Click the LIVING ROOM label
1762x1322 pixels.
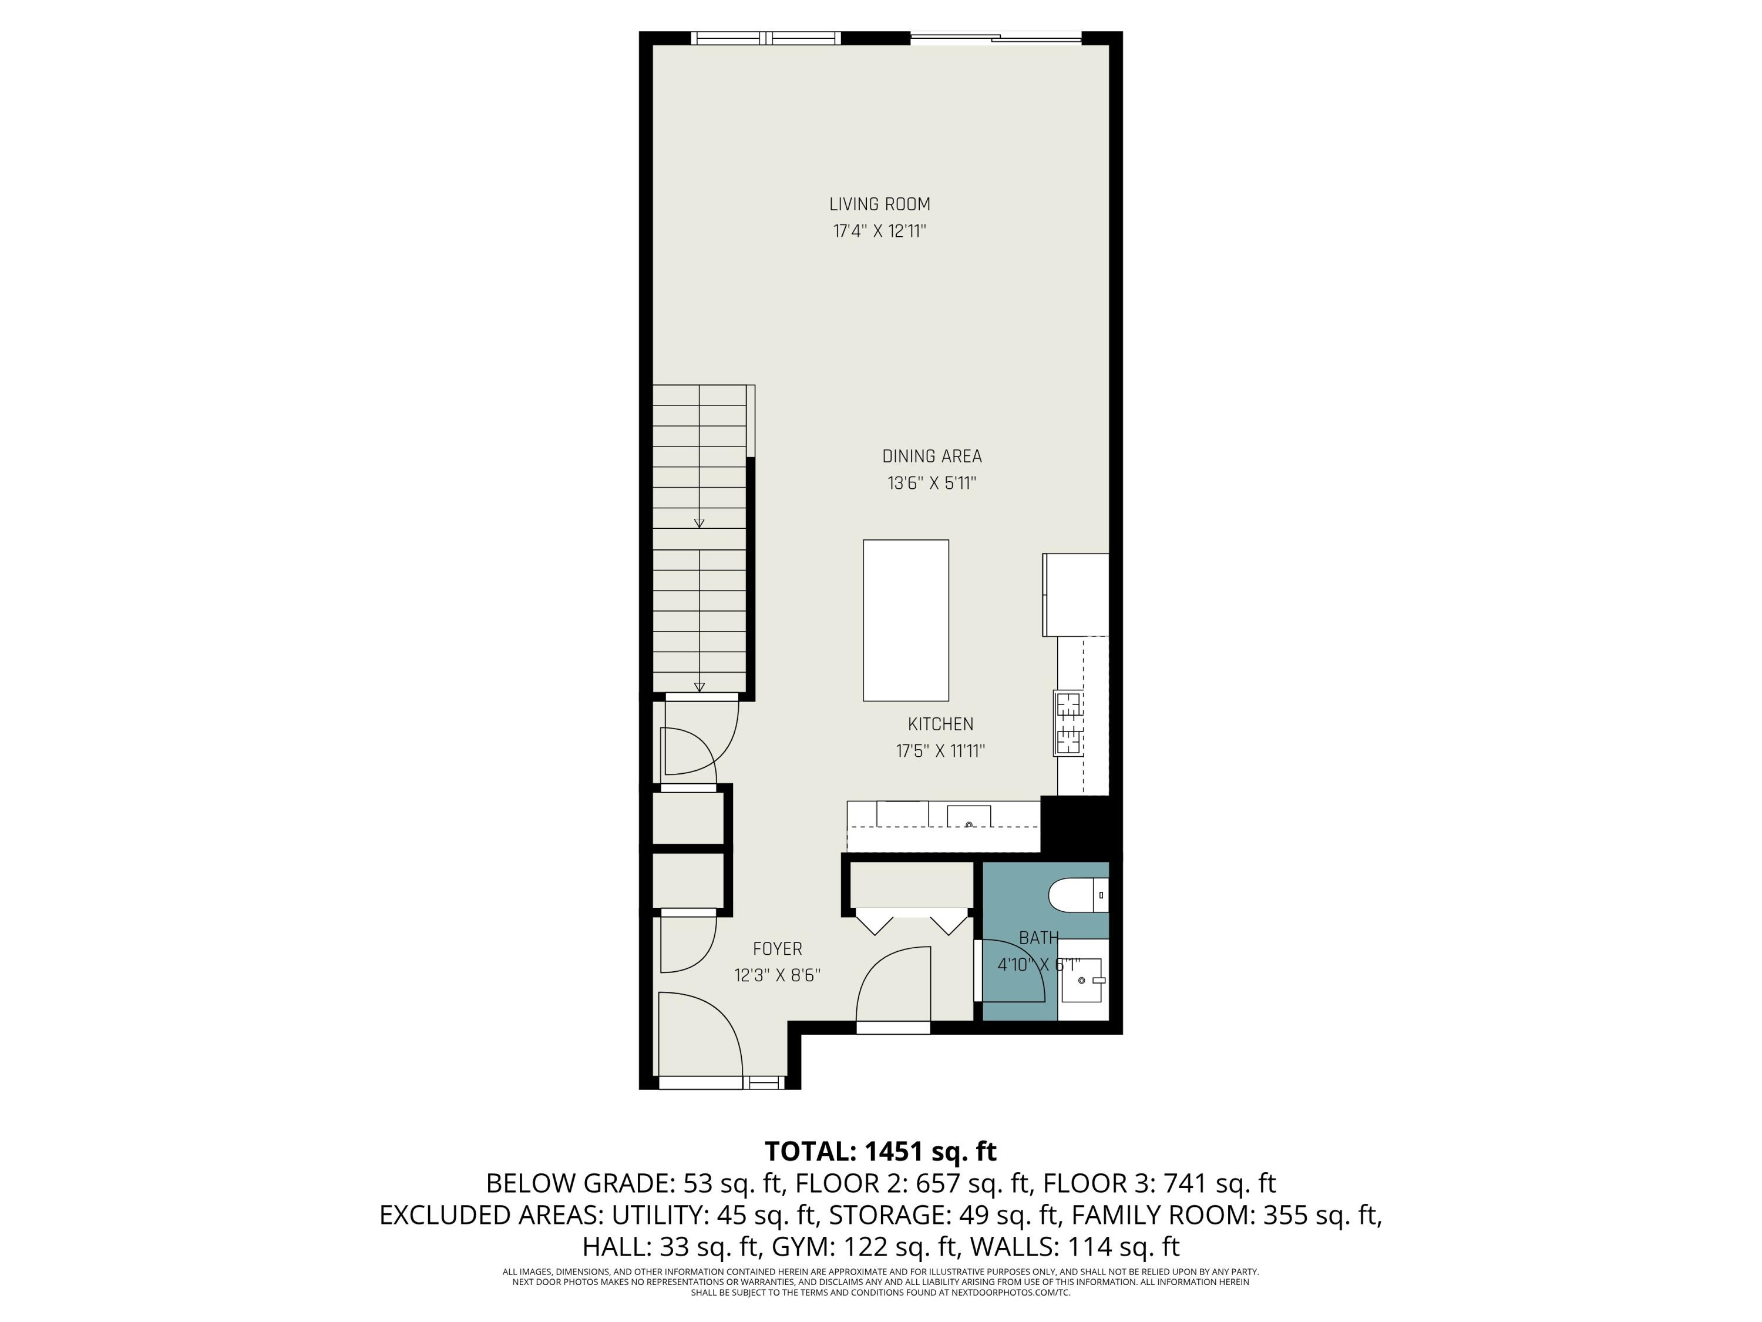(879, 204)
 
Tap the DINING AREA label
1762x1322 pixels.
(931, 456)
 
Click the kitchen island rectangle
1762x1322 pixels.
(906, 620)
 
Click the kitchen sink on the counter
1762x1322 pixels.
(969, 817)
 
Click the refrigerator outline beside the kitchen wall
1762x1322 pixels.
(1076, 595)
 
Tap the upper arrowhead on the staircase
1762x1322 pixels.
(700, 523)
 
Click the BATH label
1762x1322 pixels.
(1039, 938)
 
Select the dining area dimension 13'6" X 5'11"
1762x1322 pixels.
(931, 483)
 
